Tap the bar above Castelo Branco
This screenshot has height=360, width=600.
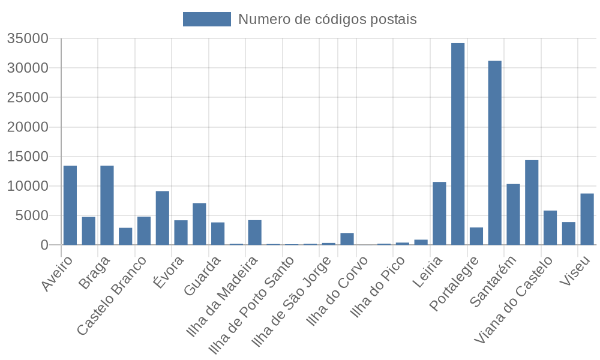coord(144,230)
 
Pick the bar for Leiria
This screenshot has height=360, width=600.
coord(439,213)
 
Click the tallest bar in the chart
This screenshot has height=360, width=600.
coord(458,144)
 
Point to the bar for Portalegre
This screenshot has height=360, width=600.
coord(476,236)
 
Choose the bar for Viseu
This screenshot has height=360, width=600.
coord(587,219)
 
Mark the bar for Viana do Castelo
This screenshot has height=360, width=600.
coord(550,227)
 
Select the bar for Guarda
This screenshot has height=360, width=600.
coord(218,233)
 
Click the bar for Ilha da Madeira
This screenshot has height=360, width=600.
coord(254,232)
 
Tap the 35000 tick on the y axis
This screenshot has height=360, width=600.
coord(28,39)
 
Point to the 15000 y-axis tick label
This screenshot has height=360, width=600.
coord(28,157)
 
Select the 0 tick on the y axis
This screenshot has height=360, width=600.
coord(44,245)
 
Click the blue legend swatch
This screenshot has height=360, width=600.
coord(206,19)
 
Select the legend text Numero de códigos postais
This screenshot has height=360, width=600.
coord(327,19)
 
